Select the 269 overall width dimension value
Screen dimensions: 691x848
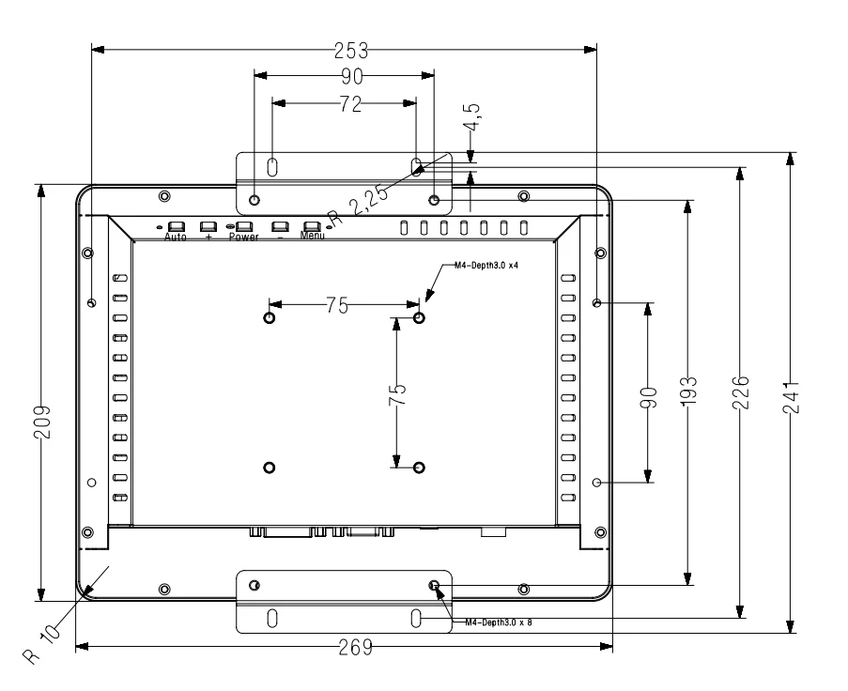click(344, 647)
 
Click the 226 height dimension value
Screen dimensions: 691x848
click(741, 390)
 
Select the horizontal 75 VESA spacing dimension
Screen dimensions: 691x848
click(337, 305)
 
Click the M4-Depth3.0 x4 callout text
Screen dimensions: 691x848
click(486, 267)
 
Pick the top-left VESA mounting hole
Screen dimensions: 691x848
click(270, 317)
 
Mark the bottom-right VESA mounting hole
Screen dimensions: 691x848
click(419, 467)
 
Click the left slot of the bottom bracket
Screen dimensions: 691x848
click(272, 618)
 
